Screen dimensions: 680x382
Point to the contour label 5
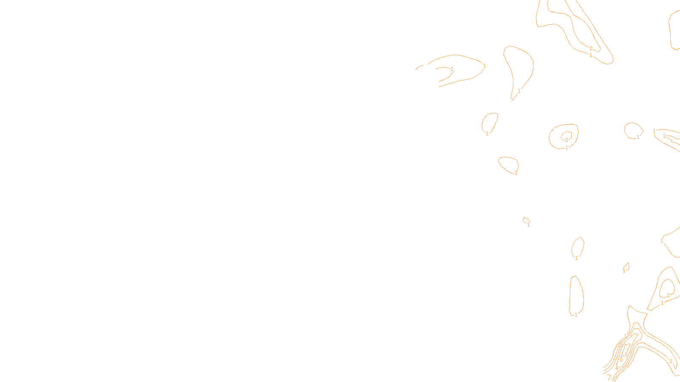pyautogui.click(x=626, y=355)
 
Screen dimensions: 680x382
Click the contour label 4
pyautogui.click(x=617, y=368)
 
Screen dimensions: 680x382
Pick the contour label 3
pyautogui.click(x=630, y=355)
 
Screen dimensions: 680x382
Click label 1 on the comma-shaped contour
pyautogui.click(x=519, y=91)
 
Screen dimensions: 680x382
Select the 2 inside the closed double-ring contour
pyautogui.click(x=567, y=140)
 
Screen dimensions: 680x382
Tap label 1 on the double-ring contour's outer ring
pyautogui.click(x=567, y=148)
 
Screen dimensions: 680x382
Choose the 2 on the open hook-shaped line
pyautogui.click(x=452, y=69)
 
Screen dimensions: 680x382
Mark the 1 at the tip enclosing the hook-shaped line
pyautogui.click(x=484, y=66)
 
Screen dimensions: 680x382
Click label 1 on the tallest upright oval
pyautogui.click(x=576, y=315)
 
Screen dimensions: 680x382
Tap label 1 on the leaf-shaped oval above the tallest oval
pyautogui.click(x=576, y=258)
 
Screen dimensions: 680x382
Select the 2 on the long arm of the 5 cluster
pyautogui.click(x=671, y=361)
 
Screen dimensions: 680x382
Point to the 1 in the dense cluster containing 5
pyautogui.click(x=625, y=336)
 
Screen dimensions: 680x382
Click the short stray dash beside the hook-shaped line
pyautogui.click(x=419, y=67)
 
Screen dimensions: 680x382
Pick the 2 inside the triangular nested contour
pyautogui.click(x=668, y=295)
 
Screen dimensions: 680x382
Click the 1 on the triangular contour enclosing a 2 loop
pyautogui.click(x=662, y=303)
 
